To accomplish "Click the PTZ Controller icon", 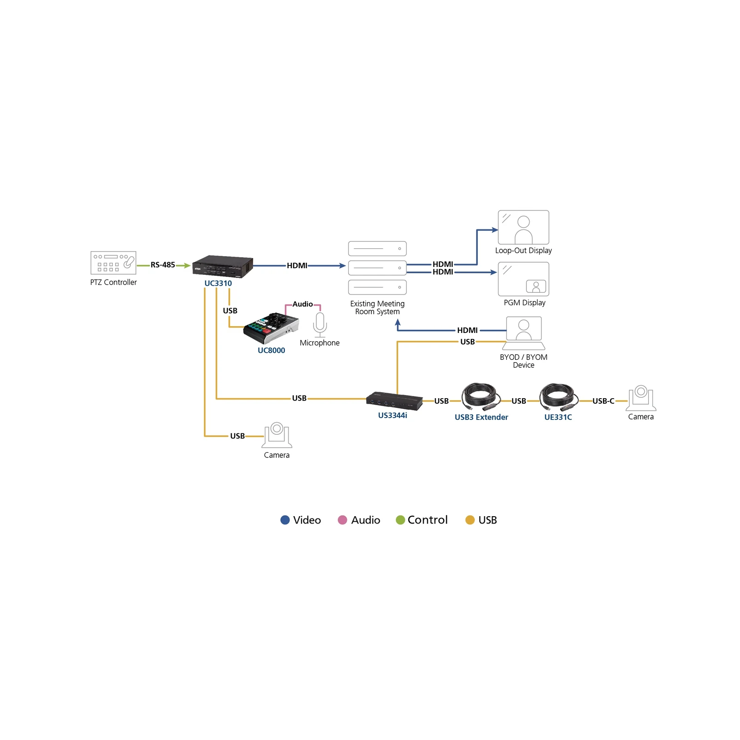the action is click(113, 263).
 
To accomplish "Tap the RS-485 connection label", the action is click(163, 265).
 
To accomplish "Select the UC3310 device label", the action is click(218, 283).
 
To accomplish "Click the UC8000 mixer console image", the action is click(271, 328).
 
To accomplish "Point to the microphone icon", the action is click(320, 325).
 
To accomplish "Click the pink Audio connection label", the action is click(302, 304).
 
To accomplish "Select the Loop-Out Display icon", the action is click(524, 227).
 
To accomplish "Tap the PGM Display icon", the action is click(524, 279).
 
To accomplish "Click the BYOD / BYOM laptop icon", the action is click(524, 333).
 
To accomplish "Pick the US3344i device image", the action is click(395, 401).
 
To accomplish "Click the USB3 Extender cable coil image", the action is click(481, 397).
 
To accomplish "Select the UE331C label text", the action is click(558, 417).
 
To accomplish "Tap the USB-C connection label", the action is click(604, 401).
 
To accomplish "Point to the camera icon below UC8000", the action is click(277, 435).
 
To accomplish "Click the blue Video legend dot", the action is click(285, 520).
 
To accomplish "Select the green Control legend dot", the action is click(401, 520).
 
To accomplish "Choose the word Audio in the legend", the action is click(366, 520).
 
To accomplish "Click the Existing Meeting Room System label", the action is click(377, 308).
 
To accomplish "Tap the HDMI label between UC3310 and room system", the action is click(297, 265).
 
